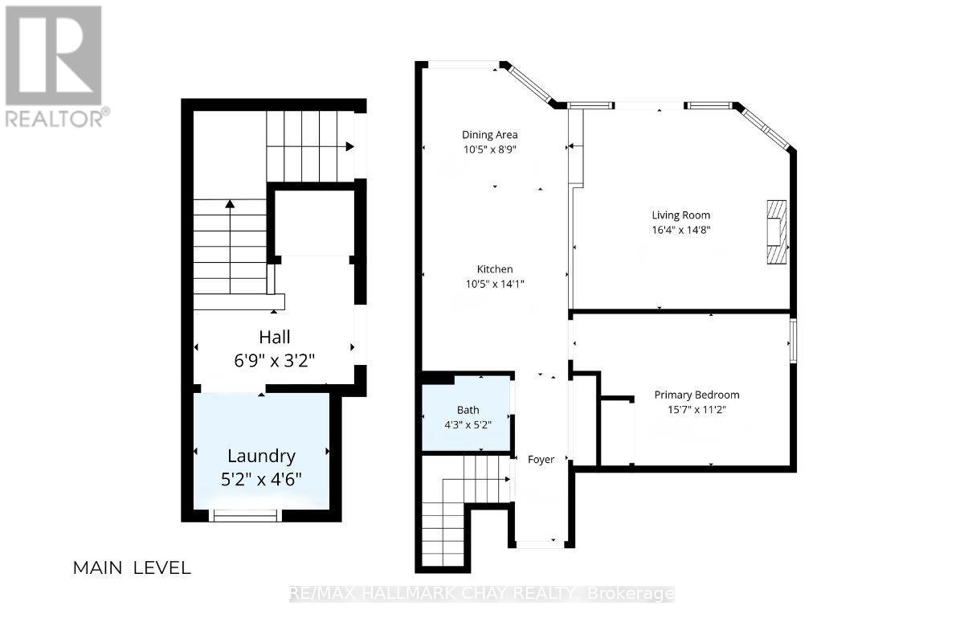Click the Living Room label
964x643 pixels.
pyautogui.click(x=681, y=215)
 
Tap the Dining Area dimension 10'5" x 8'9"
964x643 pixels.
pyautogui.click(x=490, y=149)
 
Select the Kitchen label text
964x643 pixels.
pyautogui.click(x=495, y=269)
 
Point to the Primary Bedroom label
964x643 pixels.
pyautogui.click(x=696, y=395)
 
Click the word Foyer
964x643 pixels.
pyautogui.click(x=541, y=460)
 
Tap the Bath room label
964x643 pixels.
pyautogui.click(x=468, y=410)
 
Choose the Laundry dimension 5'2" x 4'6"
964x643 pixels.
pyautogui.click(x=261, y=479)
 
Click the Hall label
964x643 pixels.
pyautogui.click(x=275, y=337)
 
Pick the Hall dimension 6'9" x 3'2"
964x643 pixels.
pyautogui.click(x=275, y=360)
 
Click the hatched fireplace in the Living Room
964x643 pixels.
pyautogui.click(x=776, y=231)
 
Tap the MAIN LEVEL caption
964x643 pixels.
pyautogui.click(x=132, y=568)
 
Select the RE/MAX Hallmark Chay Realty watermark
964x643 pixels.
pyautogui.click(x=481, y=594)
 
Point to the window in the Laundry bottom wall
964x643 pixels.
pyautogui.click(x=245, y=515)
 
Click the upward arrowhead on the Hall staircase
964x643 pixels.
pyautogui.click(x=231, y=204)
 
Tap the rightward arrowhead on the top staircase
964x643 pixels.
pyautogui.click(x=350, y=146)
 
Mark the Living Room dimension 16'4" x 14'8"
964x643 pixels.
pyautogui.click(x=681, y=230)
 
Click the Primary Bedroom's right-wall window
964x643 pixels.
pyautogui.click(x=793, y=341)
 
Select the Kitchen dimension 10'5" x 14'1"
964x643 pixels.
pyautogui.click(x=495, y=284)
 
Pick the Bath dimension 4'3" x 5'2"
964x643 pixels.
pyautogui.click(x=468, y=425)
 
